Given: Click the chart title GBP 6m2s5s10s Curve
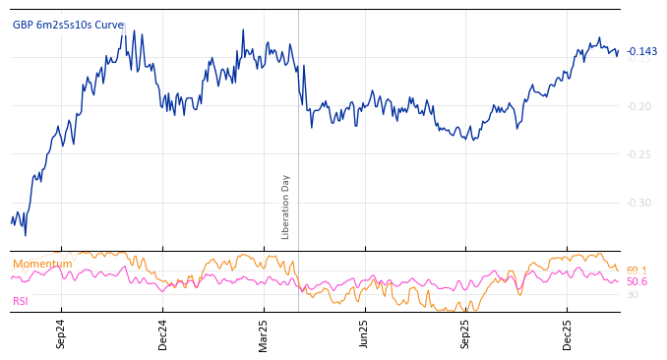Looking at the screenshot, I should tap(68, 25).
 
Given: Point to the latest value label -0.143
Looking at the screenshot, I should tap(642, 51).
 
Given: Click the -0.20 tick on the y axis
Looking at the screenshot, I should tap(639, 106).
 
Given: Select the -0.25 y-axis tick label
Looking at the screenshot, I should tap(639, 154).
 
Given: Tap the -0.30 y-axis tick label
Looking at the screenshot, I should tap(639, 203).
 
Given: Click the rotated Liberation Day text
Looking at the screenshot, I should tap(286, 207).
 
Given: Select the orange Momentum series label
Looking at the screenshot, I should tap(42, 264).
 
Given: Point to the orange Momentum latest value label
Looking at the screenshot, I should tap(637, 270).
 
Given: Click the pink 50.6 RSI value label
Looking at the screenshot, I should tap(637, 281).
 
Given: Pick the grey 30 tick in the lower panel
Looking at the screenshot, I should tap(633, 294).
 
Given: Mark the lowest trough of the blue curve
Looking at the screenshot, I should tap(26, 235).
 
